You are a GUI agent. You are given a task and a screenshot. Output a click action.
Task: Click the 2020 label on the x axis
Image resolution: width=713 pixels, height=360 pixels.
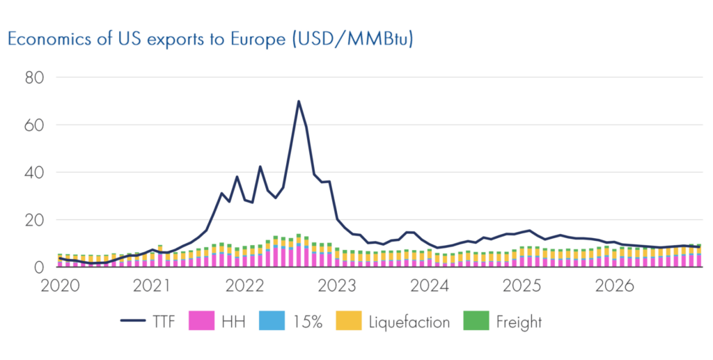58,286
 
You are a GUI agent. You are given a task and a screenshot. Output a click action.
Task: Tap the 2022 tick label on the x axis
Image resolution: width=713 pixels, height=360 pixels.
244,286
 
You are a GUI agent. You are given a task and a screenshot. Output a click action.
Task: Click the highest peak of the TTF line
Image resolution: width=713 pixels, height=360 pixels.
299,101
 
